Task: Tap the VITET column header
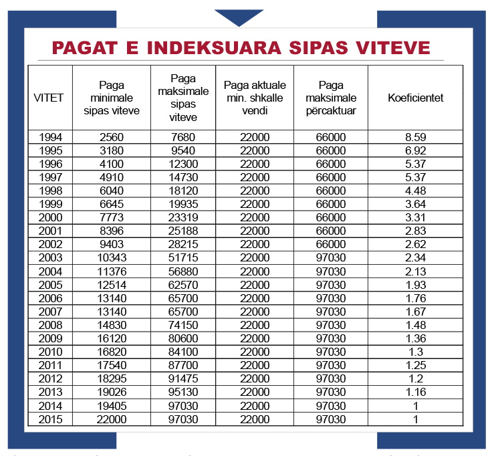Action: [x=48, y=98]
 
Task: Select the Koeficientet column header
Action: [x=415, y=98]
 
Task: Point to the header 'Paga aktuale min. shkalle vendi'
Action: [x=255, y=98]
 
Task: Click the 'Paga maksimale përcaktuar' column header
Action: [x=331, y=98]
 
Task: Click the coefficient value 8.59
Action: [x=415, y=137]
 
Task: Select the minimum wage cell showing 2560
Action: [x=112, y=137]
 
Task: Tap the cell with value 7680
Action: [x=182, y=137]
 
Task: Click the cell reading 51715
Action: [x=182, y=258]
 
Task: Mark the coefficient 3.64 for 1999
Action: [x=415, y=204]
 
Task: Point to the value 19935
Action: [x=182, y=204]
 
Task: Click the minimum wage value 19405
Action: [x=112, y=406]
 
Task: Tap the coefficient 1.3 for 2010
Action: [x=415, y=352]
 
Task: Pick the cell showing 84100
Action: [x=182, y=352]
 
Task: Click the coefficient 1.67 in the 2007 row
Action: [x=415, y=312]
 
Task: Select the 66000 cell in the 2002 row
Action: [x=331, y=245]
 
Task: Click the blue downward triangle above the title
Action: [x=239, y=17]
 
